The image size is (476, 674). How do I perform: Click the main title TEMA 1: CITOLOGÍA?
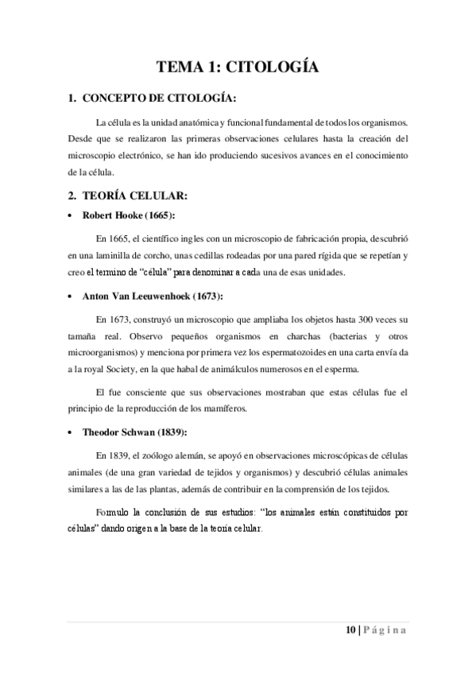(238, 68)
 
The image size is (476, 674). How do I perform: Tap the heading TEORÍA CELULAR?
(138, 196)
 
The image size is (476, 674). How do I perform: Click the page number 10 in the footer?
(350, 630)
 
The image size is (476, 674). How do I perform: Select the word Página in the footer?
(385, 630)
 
